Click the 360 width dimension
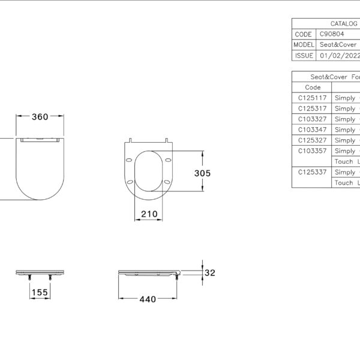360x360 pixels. click(40, 117)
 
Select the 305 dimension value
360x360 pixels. click(202, 173)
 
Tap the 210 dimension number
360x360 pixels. click(149, 214)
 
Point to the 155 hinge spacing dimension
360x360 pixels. click(40, 292)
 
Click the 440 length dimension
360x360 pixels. click(148, 299)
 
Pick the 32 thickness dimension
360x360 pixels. click(210, 273)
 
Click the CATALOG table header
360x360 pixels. click(344, 23)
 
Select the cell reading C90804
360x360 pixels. click(332, 34)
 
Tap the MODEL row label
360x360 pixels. click(304, 44)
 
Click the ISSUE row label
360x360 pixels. click(304, 56)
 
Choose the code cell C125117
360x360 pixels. click(312, 98)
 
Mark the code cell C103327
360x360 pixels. click(312, 119)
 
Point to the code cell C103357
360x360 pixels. click(312, 151)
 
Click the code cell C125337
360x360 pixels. click(312, 172)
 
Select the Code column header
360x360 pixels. click(313, 87)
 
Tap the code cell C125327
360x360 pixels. click(312, 140)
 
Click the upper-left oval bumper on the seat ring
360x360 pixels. click(129, 160)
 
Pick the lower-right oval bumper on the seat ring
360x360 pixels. click(167, 182)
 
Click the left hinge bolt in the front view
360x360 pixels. click(29, 277)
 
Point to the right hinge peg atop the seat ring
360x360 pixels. click(167, 140)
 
